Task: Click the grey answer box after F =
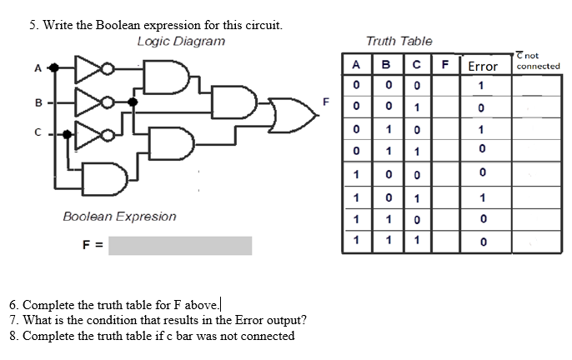click(x=180, y=245)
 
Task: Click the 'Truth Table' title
click(x=399, y=41)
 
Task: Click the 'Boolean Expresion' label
click(x=119, y=216)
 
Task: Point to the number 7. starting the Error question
click(x=11, y=320)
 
